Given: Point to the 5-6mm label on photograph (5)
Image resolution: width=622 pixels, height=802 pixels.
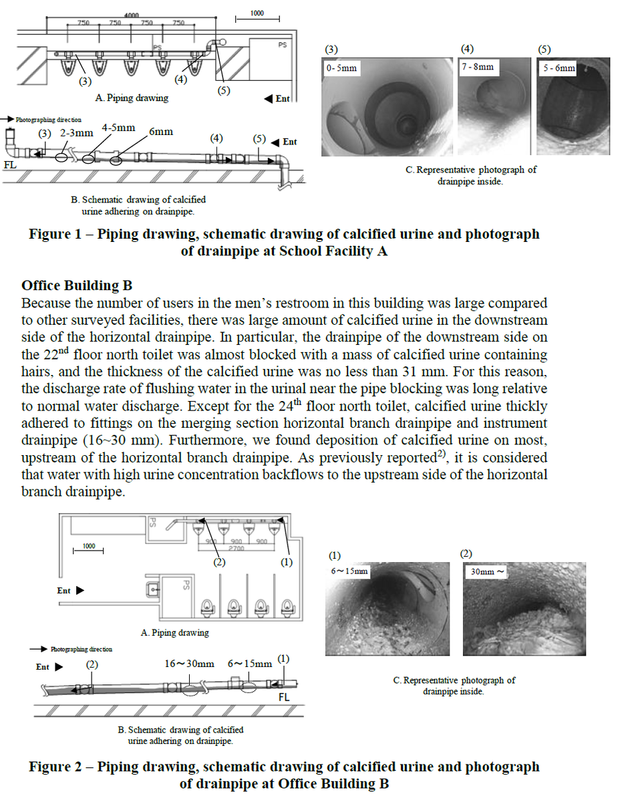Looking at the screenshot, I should (x=558, y=68).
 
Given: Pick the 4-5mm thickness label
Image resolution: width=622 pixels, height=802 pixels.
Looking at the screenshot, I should (x=119, y=127).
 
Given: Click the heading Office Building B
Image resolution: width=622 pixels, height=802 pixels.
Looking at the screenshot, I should (x=77, y=286).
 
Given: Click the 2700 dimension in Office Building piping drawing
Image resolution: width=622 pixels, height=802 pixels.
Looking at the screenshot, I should (x=236, y=547).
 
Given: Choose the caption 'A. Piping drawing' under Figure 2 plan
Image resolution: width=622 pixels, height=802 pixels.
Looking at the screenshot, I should (x=175, y=632).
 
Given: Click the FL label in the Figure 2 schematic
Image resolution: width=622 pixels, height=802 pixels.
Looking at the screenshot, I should (x=284, y=697).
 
